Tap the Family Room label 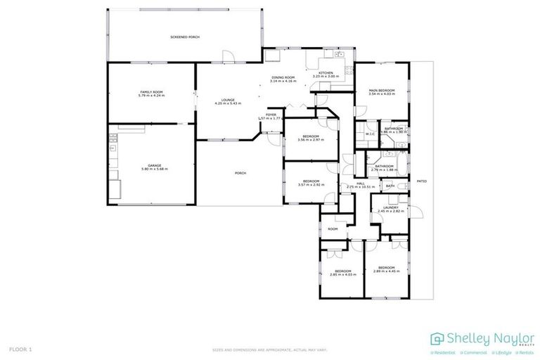pyautogui.click(x=151, y=92)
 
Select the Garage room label pyautogui.click(x=155, y=165)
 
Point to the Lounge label pyautogui.click(x=228, y=100)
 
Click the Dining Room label pyautogui.click(x=283, y=77)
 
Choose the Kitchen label pyautogui.click(x=326, y=73)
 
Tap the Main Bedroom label pyautogui.click(x=382, y=91)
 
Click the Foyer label pyautogui.click(x=271, y=115)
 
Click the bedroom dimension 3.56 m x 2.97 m pyautogui.click(x=311, y=140)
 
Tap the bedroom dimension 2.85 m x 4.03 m pyautogui.click(x=343, y=275)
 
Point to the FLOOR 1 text pyautogui.click(x=20, y=349)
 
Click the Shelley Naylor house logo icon pyautogui.click(x=437, y=339)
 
